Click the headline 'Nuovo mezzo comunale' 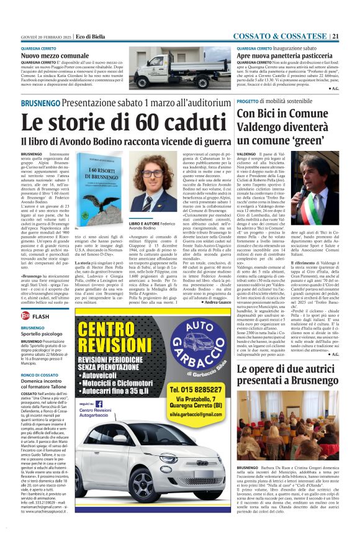click(x=52, y=55)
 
